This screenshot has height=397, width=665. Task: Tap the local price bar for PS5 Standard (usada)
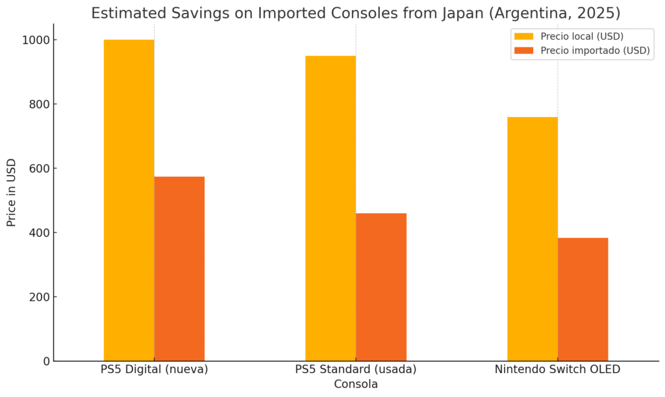[331, 208]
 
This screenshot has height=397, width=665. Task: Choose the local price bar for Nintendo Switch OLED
[532, 238]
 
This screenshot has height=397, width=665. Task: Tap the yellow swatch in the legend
[523, 36]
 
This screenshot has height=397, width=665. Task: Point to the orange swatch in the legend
[523, 51]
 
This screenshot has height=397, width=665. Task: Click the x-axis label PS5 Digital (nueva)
[154, 370]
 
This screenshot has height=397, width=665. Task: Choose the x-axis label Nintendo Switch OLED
[557, 370]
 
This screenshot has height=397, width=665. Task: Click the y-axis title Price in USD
[12, 192]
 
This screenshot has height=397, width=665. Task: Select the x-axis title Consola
[355, 385]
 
